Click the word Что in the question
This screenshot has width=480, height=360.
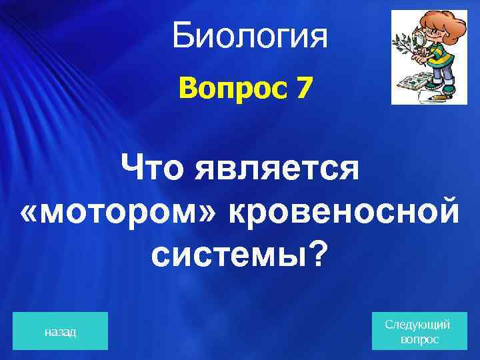point(155,167)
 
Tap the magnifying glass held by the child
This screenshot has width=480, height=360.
point(422,41)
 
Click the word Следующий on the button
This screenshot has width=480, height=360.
point(418,325)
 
